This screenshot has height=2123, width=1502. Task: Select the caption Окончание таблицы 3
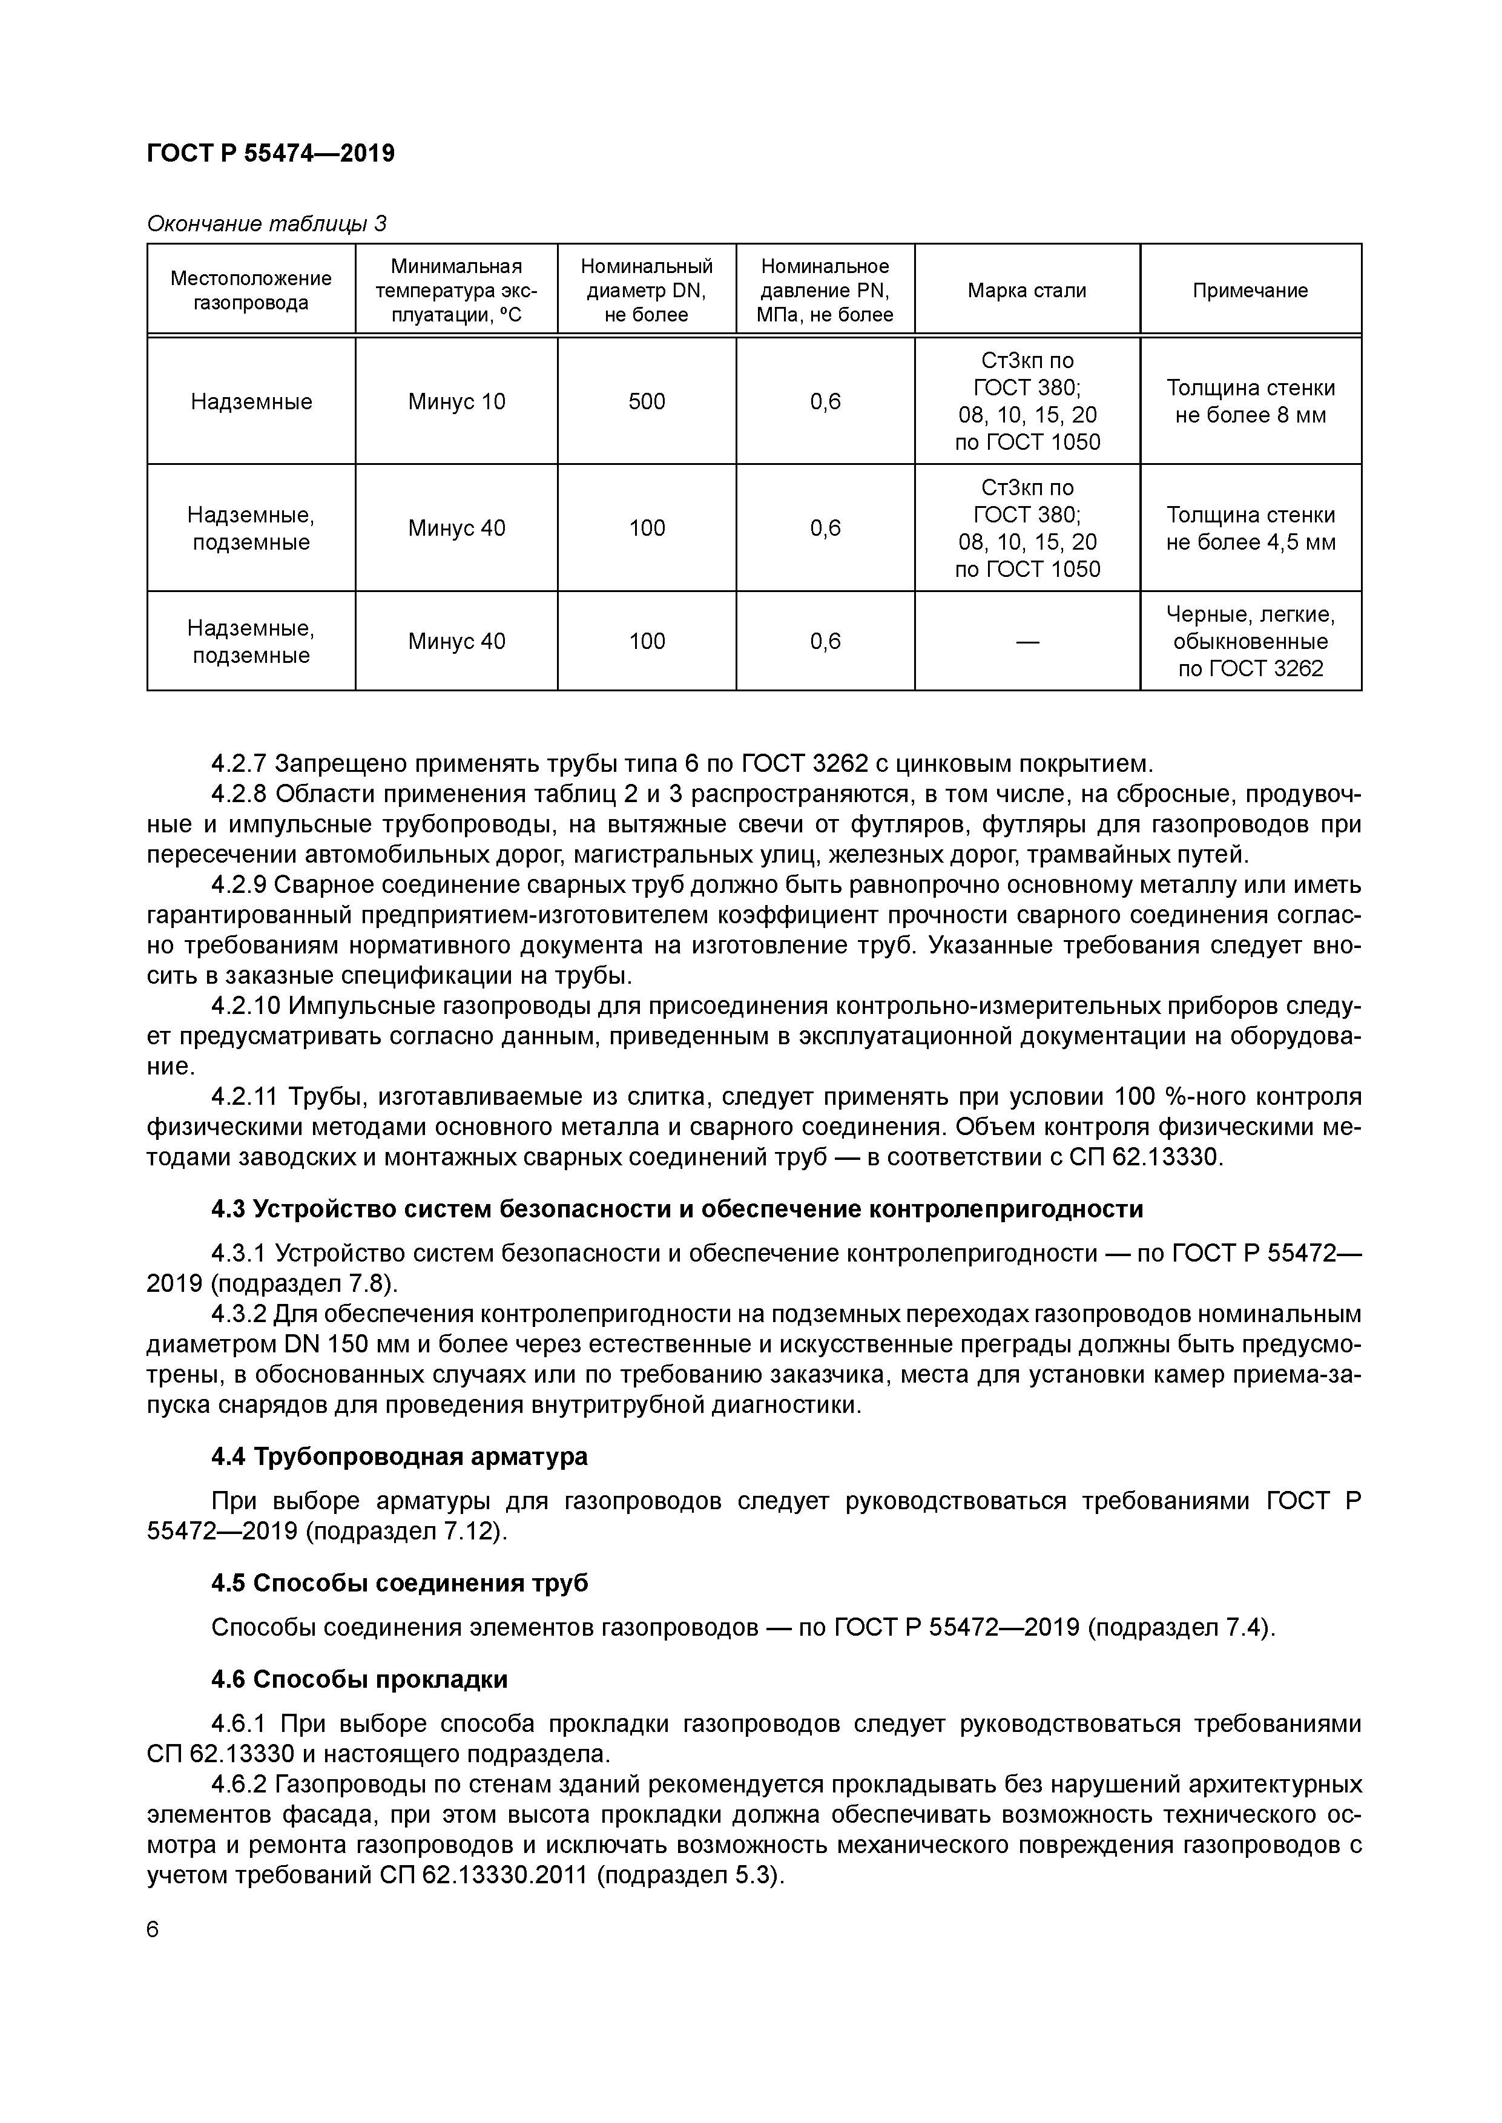pyautogui.click(x=266, y=224)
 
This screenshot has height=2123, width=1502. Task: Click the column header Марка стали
pyautogui.click(x=1027, y=291)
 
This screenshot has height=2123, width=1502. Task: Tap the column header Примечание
pyautogui.click(x=1250, y=291)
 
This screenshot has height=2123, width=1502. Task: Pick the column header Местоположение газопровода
pyautogui.click(x=251, y=291)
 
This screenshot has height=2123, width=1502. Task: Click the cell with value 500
pyautogui.click(x=647, y=401)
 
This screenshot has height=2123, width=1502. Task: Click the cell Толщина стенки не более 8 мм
pyautogui.click(x=1250, y=401)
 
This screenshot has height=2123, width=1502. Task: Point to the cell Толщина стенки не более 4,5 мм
pyautogui.click(x=1250, y=528)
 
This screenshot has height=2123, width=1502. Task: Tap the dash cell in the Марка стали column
pyautogui.click(x=1027, y=642)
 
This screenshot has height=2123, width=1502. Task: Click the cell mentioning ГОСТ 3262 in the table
pyautogui.click(x=1250, y=642)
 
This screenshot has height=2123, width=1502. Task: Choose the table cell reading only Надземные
pyautogui.click(x=251, y=401)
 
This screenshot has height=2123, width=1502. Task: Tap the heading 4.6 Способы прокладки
pyautogui.click(x=359, y=1679)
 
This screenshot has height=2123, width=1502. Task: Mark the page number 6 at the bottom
pyautogui.click(x=154, y=1930)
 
